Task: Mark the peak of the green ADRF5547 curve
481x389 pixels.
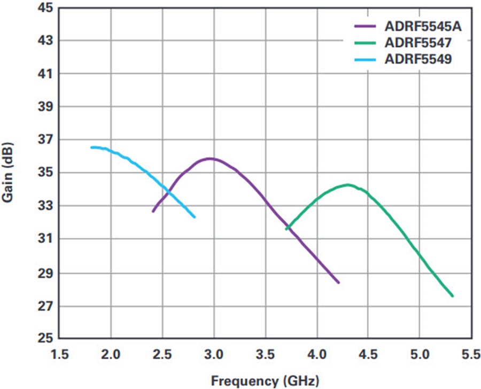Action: (x=348, y=185)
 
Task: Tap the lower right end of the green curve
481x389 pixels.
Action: (x=452, y=295)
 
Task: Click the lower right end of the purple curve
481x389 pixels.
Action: (x=338, y=282)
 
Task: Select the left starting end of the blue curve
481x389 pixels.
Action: (x=92, y=147)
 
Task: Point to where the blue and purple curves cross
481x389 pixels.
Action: (x=169, y=191)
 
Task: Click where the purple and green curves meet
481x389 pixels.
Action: (x=289, y=227)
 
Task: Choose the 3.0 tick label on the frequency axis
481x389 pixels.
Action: (x=214, y=355)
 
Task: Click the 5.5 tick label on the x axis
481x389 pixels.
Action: (x=470, y=355)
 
